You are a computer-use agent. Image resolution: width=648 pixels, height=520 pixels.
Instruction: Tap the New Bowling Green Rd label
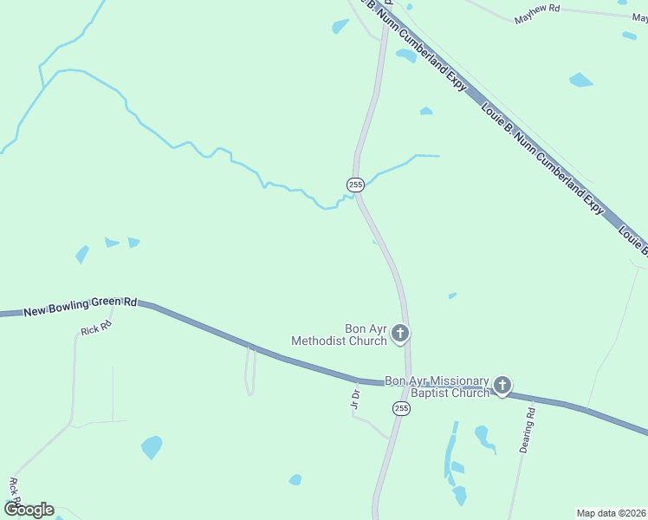81,306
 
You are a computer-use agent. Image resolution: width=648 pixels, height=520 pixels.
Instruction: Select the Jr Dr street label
354,398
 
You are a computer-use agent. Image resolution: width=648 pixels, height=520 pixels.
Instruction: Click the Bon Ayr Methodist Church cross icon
400,333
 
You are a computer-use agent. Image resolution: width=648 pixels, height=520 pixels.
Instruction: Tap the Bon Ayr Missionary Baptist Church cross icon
502,386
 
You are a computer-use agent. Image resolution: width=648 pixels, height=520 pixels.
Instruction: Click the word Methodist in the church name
319,341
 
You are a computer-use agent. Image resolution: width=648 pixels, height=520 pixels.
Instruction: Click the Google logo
29,510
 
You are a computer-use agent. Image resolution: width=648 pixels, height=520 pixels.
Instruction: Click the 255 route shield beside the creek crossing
355,185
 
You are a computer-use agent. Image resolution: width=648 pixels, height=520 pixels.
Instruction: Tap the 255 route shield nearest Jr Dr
400,408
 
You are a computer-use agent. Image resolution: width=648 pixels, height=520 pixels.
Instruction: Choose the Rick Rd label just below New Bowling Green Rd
96,329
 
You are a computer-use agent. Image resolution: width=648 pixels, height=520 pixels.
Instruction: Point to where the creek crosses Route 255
358,196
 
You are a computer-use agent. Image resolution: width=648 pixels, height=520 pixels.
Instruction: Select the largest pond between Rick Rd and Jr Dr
152,447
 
